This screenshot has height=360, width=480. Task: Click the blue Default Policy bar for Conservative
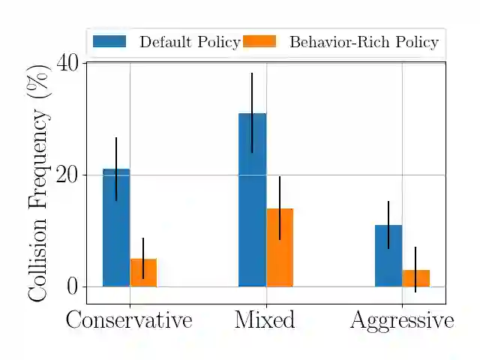click(116, 228)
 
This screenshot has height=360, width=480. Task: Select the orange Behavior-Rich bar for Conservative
click(143, 273)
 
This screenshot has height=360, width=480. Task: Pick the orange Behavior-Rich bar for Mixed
click(280, 247)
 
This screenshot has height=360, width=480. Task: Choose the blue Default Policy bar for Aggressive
click(388, 256)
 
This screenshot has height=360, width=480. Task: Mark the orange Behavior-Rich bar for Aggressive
click(415, 278)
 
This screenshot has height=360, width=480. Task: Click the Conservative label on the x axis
click(129, 320)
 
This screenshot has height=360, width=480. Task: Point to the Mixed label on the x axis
click(265, 320)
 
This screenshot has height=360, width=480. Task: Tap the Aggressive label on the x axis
click(402, 321)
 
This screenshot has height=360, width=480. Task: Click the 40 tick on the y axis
click(68, 63)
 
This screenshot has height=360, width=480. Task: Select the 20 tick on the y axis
click(68, 175)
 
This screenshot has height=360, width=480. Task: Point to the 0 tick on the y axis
click(73, 286)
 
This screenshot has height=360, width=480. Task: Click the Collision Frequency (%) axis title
click(38, 182)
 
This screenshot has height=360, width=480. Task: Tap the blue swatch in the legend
click(109, 42)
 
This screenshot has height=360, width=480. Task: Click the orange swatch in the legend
click(259, 42)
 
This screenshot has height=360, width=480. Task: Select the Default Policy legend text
click(190, 43)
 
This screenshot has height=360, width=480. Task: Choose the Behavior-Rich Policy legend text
click(364, 43)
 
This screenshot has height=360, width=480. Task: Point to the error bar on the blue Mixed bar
click(252, 112)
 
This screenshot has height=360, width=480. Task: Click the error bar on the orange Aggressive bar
click(415, 269)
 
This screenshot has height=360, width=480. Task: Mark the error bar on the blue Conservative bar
click(116, 169)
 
